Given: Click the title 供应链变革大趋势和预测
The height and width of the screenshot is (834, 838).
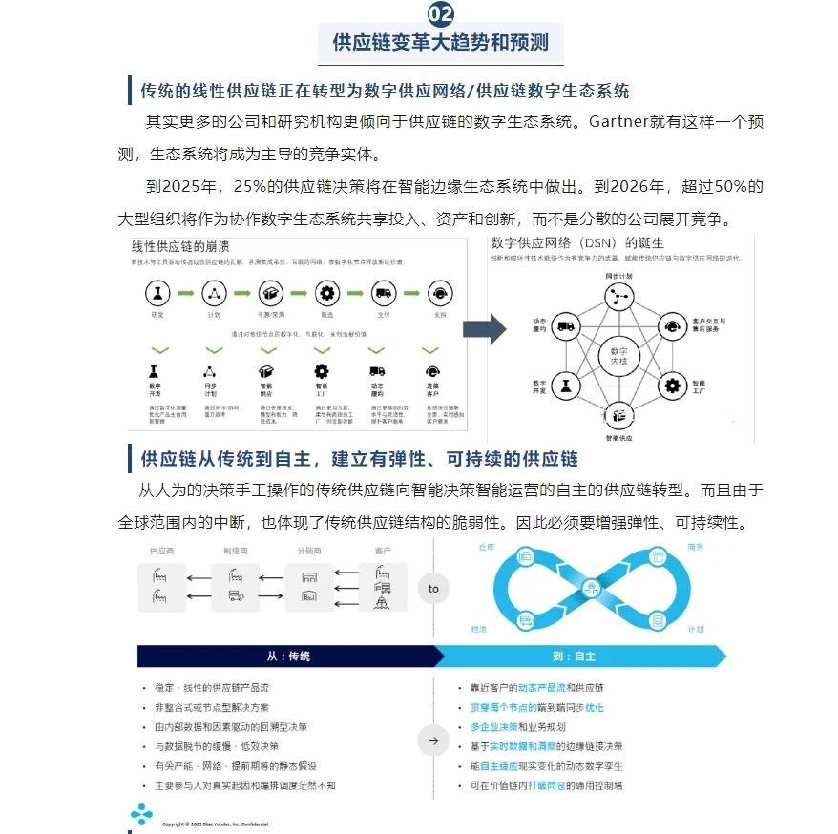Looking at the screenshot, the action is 440,42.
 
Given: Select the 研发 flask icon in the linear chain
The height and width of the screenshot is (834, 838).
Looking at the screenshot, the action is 157,292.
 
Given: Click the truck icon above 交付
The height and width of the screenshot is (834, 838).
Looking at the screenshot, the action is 384,292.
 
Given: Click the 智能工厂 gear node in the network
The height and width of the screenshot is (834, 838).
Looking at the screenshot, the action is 672,386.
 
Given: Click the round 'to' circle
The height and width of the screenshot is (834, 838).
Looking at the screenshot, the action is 433,589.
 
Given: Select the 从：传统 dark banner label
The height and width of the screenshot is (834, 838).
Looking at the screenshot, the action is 287,657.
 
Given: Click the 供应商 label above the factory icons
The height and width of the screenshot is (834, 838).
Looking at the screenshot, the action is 161,551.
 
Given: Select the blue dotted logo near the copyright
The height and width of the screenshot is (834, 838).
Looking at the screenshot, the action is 141,814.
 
